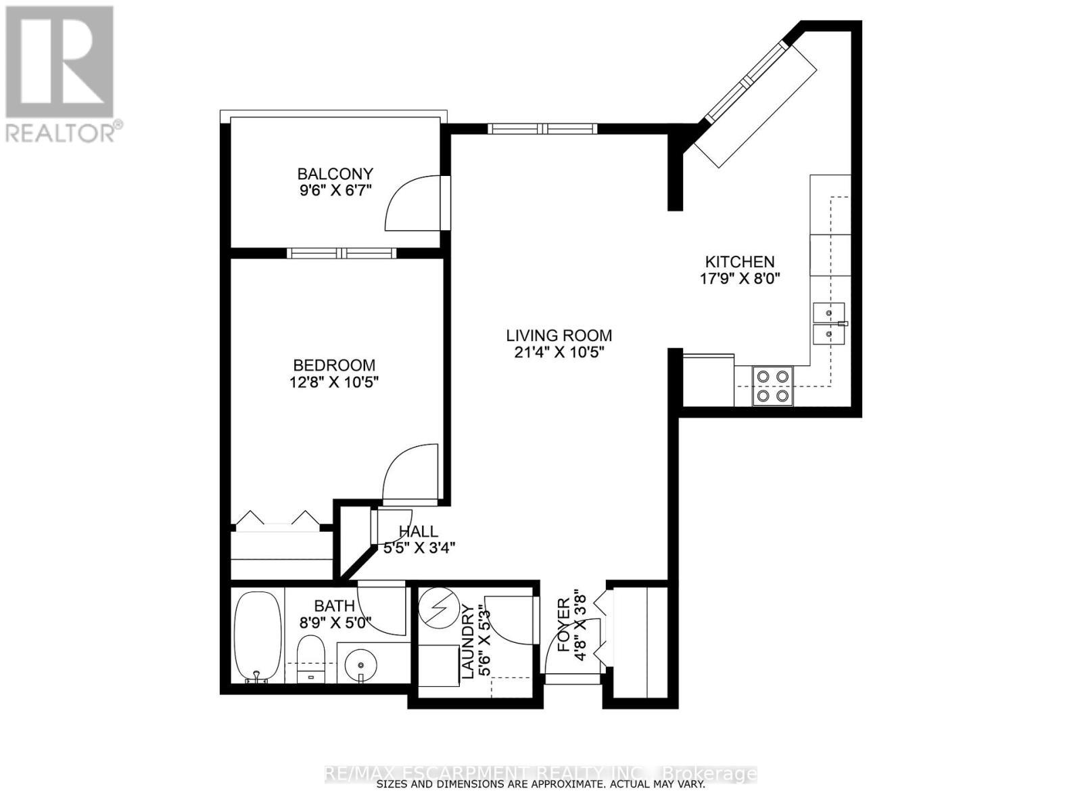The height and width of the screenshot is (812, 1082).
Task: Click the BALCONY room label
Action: [335, 174]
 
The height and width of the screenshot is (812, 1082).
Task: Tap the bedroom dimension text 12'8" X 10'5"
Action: [334, 382]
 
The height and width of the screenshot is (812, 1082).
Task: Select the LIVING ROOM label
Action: [559, 335]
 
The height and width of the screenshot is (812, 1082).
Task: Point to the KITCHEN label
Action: [740, 262]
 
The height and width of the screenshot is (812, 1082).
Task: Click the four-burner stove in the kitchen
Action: [773, 386]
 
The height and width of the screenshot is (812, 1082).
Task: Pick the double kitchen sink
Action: [829, 323]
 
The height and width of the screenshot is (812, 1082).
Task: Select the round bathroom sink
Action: [360, 664]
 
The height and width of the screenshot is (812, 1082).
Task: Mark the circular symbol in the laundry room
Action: [435, 610]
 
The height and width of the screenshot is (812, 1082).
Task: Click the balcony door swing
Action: [413, 203]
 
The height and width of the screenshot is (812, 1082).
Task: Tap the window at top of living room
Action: [543, 127]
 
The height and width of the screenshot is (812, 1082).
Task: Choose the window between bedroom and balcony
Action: [342, 254]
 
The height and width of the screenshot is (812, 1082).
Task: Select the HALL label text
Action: [418, 532]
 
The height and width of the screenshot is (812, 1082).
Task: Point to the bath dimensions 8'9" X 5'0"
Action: [335, 623]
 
